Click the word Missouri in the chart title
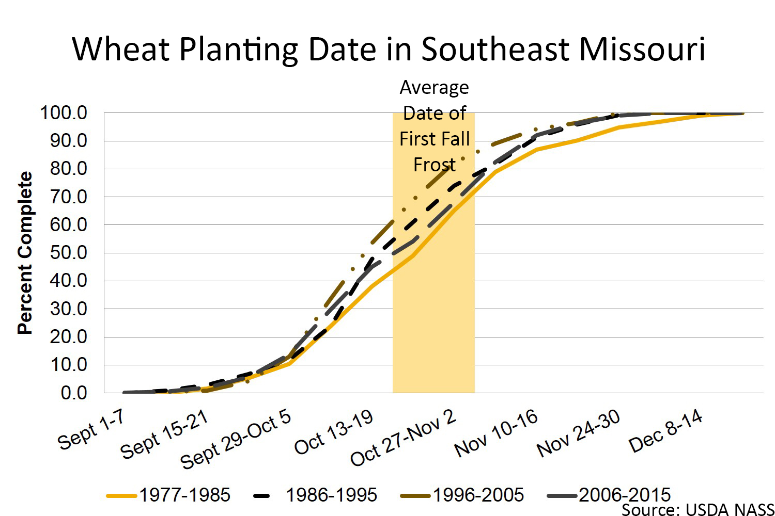[x=642, y=50]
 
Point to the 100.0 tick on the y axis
[x=64, y=112]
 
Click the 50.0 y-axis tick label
[x=68, y=253]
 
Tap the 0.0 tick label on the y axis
[x=74, y=393]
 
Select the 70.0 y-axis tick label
[x=68, y=197]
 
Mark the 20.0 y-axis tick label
[x=68, y=337]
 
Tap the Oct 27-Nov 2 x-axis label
[x=403, y=438]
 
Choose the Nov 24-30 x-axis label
[x=578, y=433]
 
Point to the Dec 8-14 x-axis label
[x=665, y=430]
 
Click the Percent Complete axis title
[x=25, y=253]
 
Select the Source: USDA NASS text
[x=698, y=509]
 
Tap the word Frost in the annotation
[x=434, y=165]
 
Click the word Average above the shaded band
[x=434, y=88]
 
